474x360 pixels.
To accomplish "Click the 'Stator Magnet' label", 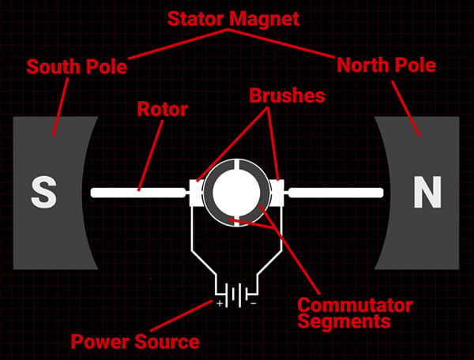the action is pos(233,19).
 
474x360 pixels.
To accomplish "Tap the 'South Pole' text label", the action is pos(77,67).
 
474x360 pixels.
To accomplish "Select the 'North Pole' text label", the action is pos(386,65).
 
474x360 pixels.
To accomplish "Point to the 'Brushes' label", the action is pos(287,96).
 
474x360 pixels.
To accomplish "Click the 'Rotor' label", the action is pos(162,109).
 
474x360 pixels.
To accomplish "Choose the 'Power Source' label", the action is pos(135,342).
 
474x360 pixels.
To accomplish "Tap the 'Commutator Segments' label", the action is pos(355,313).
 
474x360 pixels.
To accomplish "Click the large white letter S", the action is pos(43,192).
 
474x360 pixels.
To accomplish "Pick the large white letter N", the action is pos(427,192).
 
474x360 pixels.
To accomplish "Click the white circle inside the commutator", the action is pos(237,192).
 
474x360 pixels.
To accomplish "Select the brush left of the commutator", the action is pos(196,193).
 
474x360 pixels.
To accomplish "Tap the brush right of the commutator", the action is pos(277,193).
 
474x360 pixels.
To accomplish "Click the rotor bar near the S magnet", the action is pos(138,193).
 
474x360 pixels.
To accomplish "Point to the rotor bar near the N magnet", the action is pos(336,193).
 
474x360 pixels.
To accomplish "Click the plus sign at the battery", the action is pos(220,303).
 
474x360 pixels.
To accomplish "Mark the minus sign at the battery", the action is pos(254,303).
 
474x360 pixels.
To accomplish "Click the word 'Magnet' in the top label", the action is pos(265,19).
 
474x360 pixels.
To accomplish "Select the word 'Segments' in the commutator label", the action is pos(344,321).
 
